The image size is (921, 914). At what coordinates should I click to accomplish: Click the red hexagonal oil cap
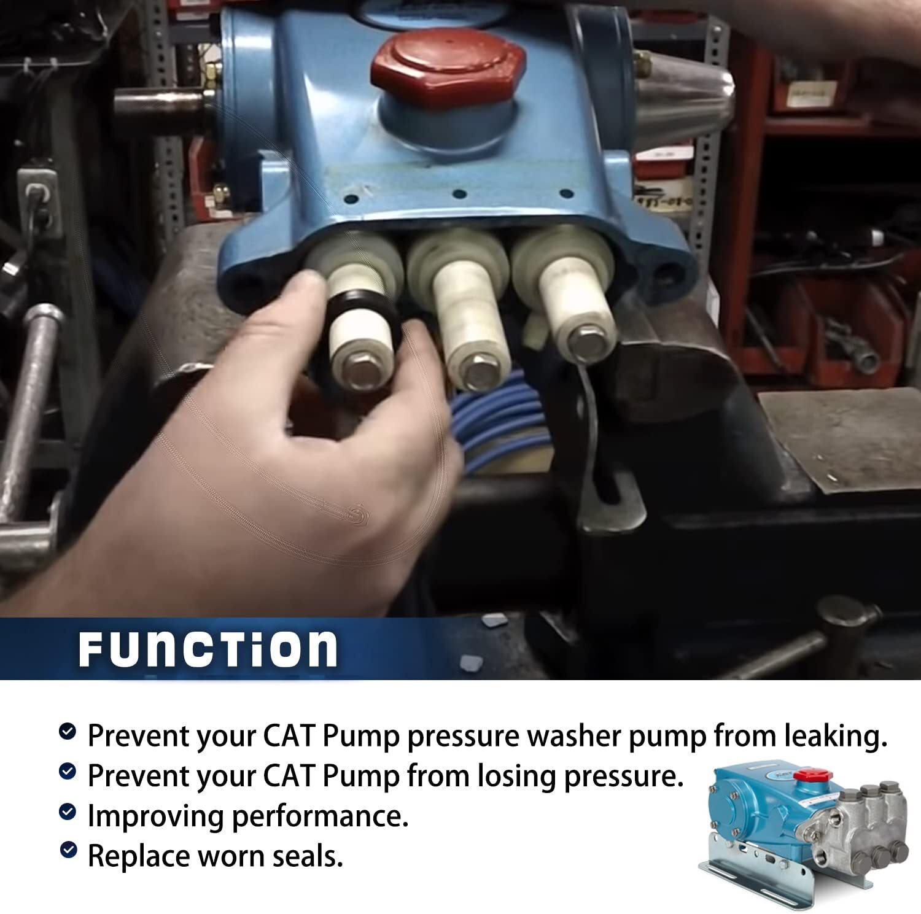click(x=448, y=67)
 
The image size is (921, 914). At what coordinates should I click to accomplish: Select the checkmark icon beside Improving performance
click(x=68, y=812)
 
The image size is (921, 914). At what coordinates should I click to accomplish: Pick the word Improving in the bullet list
click(x=155, y=816)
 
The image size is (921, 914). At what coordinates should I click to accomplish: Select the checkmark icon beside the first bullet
click(x=68, y=731)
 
